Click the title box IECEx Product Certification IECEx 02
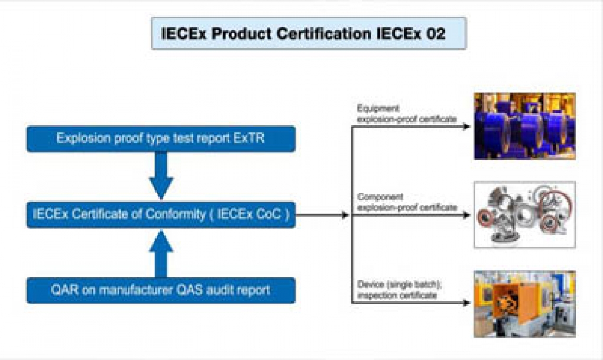point(309,33)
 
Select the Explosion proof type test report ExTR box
point(161,138)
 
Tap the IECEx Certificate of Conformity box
point(161,215)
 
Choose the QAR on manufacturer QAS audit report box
point(161,290)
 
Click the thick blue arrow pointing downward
point(161,176)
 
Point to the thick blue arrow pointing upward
point(161,254)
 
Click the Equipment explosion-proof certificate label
point(407,113)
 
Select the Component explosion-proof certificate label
point(407,202)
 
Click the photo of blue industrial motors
point(524,126)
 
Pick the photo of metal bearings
point(524,215)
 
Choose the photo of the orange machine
point(524,304)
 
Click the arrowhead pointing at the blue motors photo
point(466,127)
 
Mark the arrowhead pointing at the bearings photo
point(466,215)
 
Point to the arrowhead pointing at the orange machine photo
point(466,303)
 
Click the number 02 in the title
point(436,34)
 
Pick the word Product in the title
point(242,34)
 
